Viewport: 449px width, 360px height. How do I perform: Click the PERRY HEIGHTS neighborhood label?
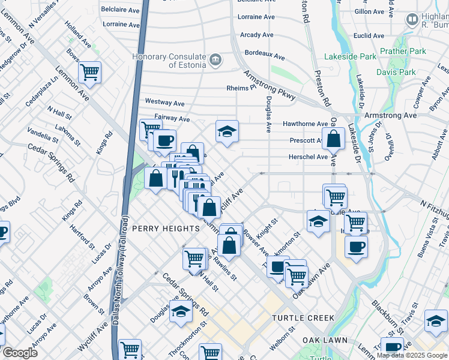165,229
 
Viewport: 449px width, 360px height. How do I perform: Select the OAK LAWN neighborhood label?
325,340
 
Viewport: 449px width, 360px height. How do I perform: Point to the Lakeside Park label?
350,57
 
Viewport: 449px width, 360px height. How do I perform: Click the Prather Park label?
403,51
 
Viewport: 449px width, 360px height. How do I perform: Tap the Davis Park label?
396,72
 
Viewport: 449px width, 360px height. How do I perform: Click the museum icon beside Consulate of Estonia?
215,61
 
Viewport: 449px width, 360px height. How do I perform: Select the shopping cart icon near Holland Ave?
89,73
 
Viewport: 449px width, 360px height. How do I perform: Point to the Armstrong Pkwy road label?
269,86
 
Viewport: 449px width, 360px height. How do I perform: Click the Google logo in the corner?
20,353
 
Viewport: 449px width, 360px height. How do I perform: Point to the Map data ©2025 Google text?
412,355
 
